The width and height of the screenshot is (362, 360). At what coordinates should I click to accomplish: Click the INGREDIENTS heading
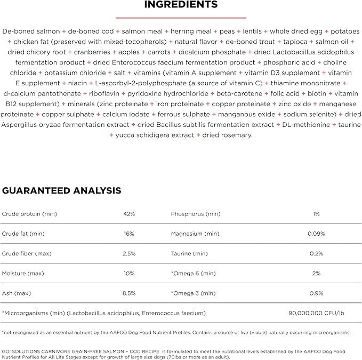pos(181,5)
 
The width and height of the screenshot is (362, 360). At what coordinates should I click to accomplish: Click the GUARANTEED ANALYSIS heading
pos(61,190)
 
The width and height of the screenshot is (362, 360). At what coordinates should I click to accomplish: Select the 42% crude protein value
pos(128,214)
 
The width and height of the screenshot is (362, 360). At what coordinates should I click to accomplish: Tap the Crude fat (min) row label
pos(23,234)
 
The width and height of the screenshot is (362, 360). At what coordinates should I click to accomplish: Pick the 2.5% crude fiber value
pos(128,253)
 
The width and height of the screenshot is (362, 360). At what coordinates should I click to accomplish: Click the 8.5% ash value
pos(128,293)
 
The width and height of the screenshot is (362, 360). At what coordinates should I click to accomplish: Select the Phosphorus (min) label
pos(195,214)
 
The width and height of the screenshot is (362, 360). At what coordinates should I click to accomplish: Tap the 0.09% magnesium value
pos(316,234)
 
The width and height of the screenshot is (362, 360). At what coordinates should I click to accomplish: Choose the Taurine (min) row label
pos(189,253)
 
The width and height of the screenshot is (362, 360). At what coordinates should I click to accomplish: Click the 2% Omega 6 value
pos(316,273)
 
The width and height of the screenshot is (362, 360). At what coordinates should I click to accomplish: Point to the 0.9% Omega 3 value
pos(316,293)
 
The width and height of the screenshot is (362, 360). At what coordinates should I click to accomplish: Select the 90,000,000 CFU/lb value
pos(316,313)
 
